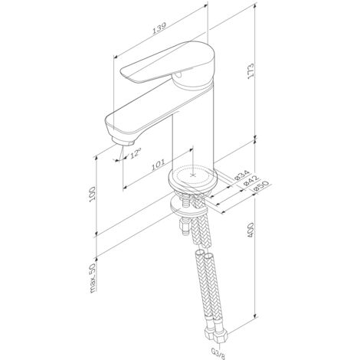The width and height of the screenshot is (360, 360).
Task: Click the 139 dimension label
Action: tap(159, 28)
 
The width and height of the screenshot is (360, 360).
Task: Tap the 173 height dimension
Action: tap(251, 70)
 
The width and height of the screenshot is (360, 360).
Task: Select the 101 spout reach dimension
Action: tap(158, 165)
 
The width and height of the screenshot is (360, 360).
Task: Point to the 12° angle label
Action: tap(136, 153)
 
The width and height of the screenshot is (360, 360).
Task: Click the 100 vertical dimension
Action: tap(92, 194)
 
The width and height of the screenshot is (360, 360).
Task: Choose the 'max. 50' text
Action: tap(93, 278)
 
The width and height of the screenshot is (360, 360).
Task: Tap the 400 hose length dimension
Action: tap(251, 230)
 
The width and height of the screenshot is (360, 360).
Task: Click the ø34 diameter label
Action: tap(241, 175)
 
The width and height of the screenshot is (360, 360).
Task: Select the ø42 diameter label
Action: tap(251, 180)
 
